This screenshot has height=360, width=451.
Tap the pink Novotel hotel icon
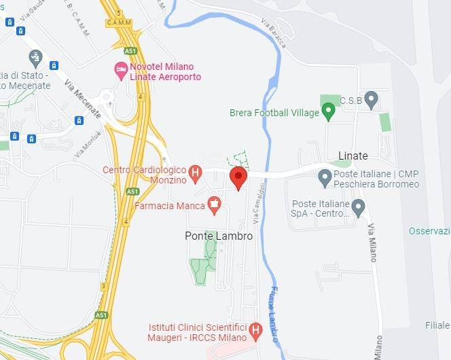(121, 69)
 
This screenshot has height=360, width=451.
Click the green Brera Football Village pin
(329, 110)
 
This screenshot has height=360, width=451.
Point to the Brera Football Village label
(274, 112)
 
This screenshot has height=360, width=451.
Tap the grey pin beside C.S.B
(371, 101)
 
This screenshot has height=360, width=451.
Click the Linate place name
(353, 156)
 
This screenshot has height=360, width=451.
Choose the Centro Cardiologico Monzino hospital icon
(195, 173)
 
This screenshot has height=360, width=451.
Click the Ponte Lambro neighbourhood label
(219, 236)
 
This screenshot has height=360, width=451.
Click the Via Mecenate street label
(82, 99)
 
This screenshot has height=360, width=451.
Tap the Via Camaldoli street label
(256, 206)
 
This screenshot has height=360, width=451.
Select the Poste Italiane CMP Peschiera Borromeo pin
(325, 178)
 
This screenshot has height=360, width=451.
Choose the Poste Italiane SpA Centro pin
(359, 207)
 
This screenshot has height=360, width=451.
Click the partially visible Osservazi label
(429, 231)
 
